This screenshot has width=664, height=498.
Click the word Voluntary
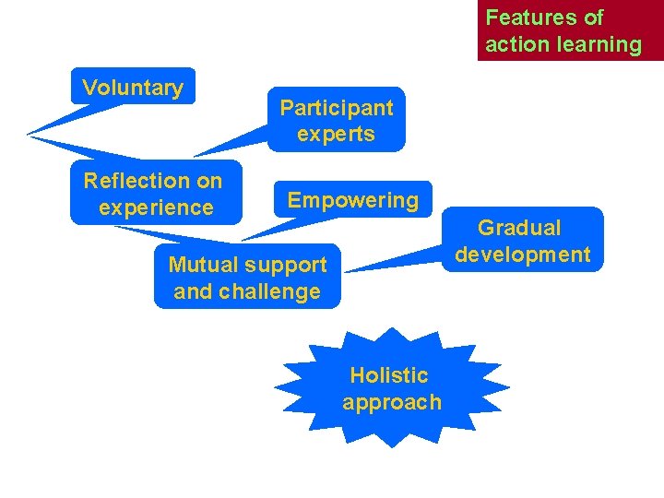[x=133, y=89]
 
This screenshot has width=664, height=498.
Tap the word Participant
[x=337, y=108]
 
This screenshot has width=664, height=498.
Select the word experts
[x=337, y=135]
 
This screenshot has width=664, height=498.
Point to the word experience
[x=156, y=208]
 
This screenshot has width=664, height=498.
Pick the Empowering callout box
[x=353, y=200]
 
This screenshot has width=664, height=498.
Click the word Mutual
[x=202, y=266]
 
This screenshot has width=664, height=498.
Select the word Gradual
[x=519, y=228]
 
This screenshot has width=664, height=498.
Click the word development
[x=523, y=255]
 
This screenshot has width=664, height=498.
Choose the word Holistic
[x=389, y=375]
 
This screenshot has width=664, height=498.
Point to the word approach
[x=392, y=403]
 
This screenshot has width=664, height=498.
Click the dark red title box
[x=570, y=30]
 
